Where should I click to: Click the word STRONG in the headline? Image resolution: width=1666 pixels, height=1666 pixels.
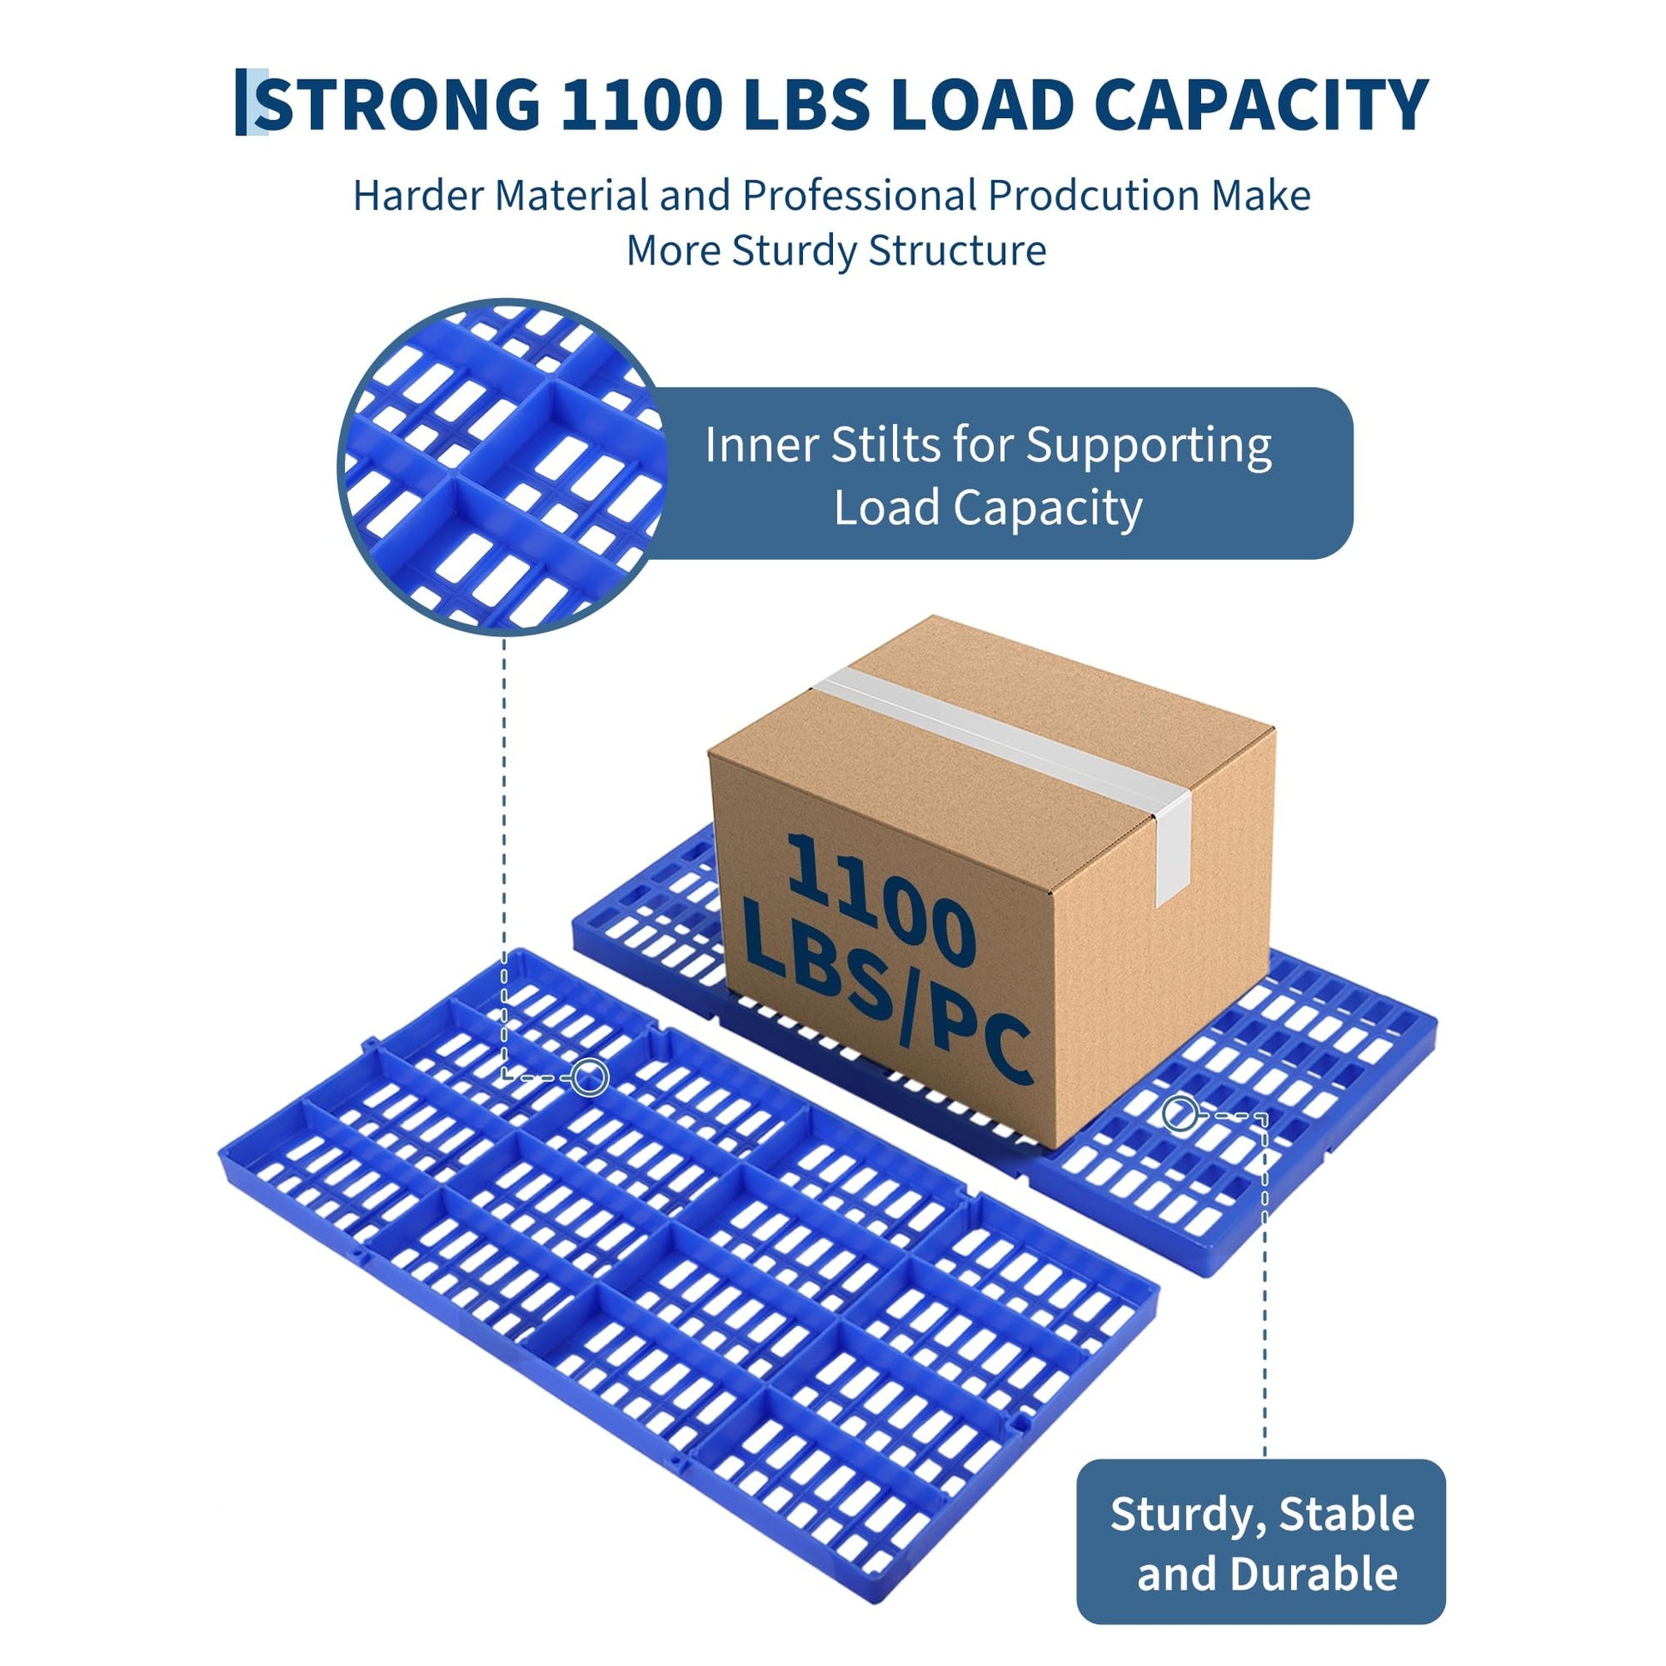pos(398,105)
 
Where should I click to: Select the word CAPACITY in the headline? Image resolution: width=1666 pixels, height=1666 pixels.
pos(1261,105)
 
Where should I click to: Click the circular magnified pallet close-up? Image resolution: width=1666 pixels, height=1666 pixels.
pos(503,467)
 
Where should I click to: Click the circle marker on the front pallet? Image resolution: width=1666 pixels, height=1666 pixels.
pos(590,1077)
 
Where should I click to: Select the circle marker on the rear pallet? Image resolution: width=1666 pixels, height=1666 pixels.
pos(1180,1113)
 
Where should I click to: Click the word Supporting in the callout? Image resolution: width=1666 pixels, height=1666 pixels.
pos(1149,447)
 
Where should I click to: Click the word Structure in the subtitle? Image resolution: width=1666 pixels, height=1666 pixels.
pos(957,251)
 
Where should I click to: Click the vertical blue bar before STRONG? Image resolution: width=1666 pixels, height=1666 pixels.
pos(241,103)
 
